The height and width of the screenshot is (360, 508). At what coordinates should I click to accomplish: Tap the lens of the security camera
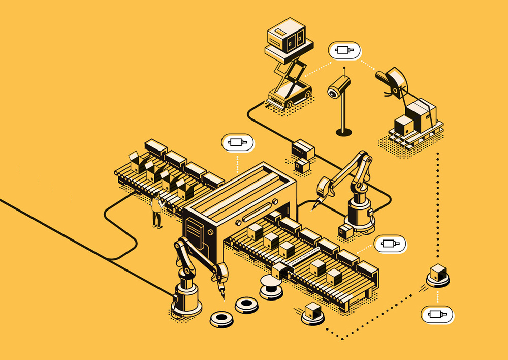point(333,93)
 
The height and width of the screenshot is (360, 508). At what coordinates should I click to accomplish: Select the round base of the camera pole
point(344,132)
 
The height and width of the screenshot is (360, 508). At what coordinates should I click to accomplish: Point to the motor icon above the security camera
point(344,50)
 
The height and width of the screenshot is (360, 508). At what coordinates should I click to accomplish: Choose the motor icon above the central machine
point(238,142)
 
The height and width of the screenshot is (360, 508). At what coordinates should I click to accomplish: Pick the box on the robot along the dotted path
point(437,272)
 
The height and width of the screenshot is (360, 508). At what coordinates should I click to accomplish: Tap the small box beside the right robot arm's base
point(345,232)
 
